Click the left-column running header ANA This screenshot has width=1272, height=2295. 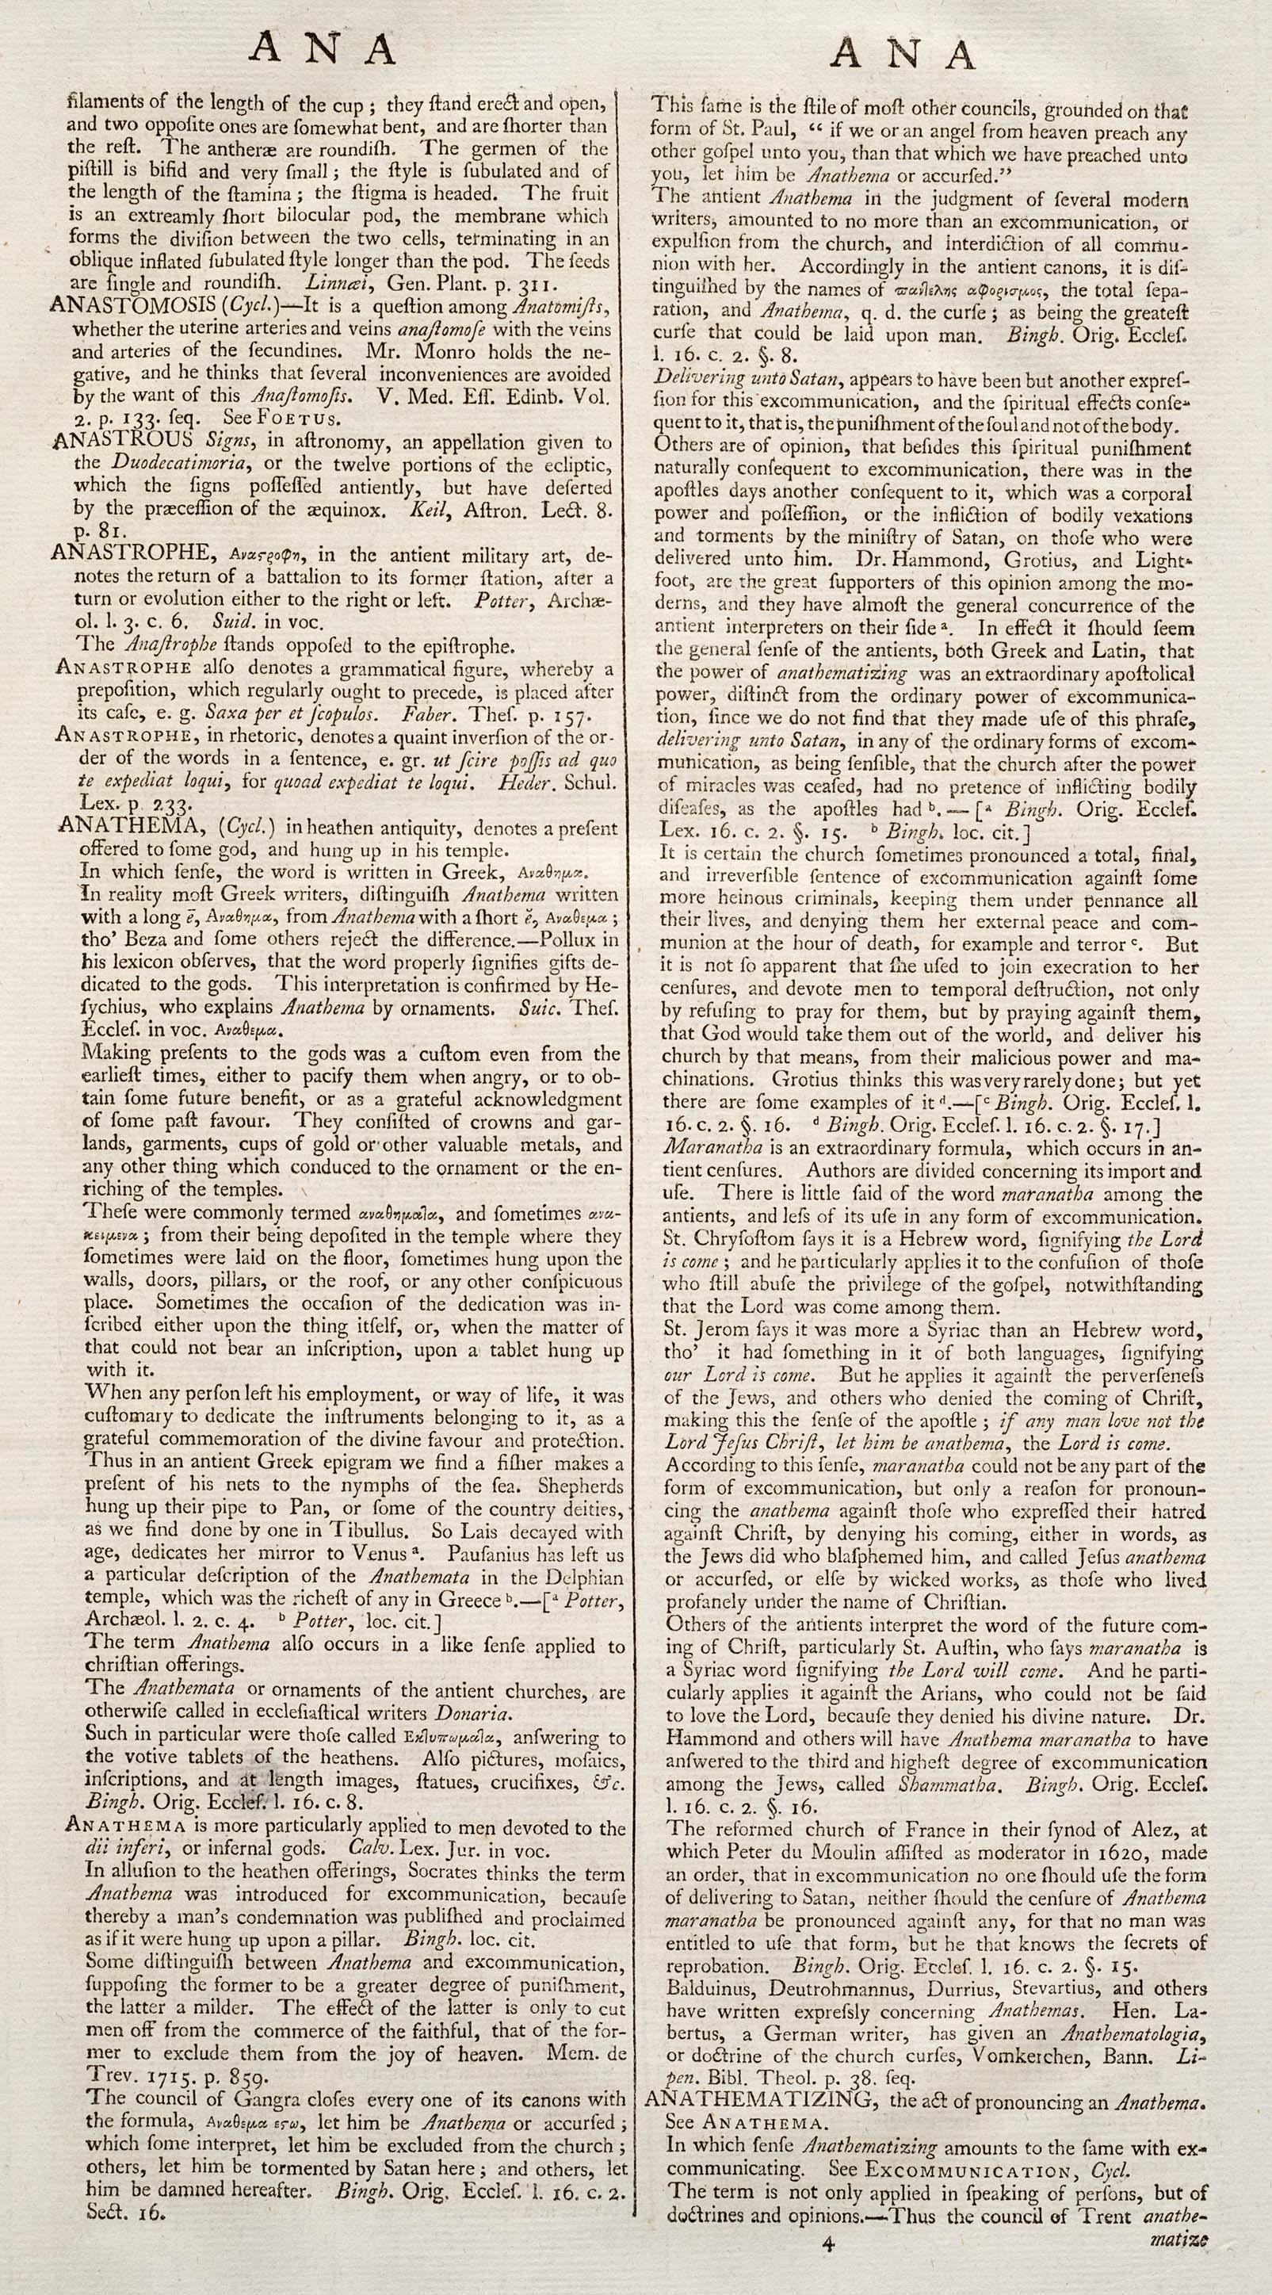point(323,50)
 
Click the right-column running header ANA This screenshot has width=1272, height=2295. point(904,55)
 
